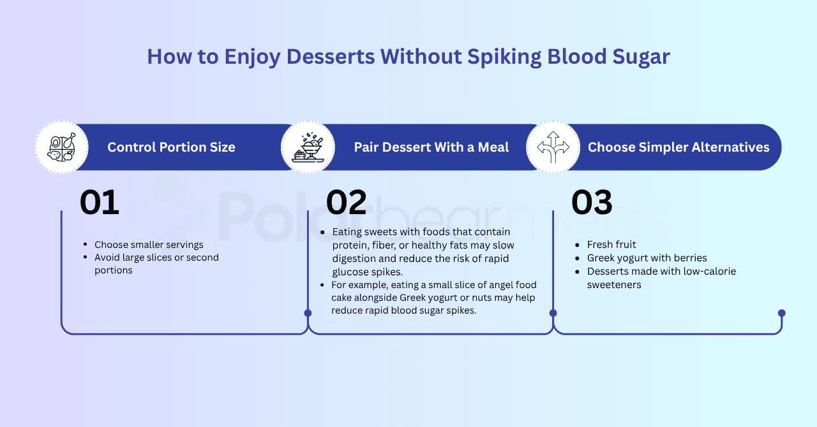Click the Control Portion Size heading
(171, 147)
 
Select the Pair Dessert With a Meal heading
(431, 147)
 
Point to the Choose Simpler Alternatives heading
(678, 147)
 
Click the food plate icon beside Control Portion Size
(62, 147)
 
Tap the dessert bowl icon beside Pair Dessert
(308, 147)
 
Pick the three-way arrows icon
(553, 147)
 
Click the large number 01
(99, 203)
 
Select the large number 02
(346, 203)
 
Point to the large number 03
(592, 203)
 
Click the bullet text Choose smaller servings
(149, 245)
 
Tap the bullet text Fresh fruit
(611, 245)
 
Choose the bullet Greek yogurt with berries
(647, 258)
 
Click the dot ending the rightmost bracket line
(782, 313)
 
